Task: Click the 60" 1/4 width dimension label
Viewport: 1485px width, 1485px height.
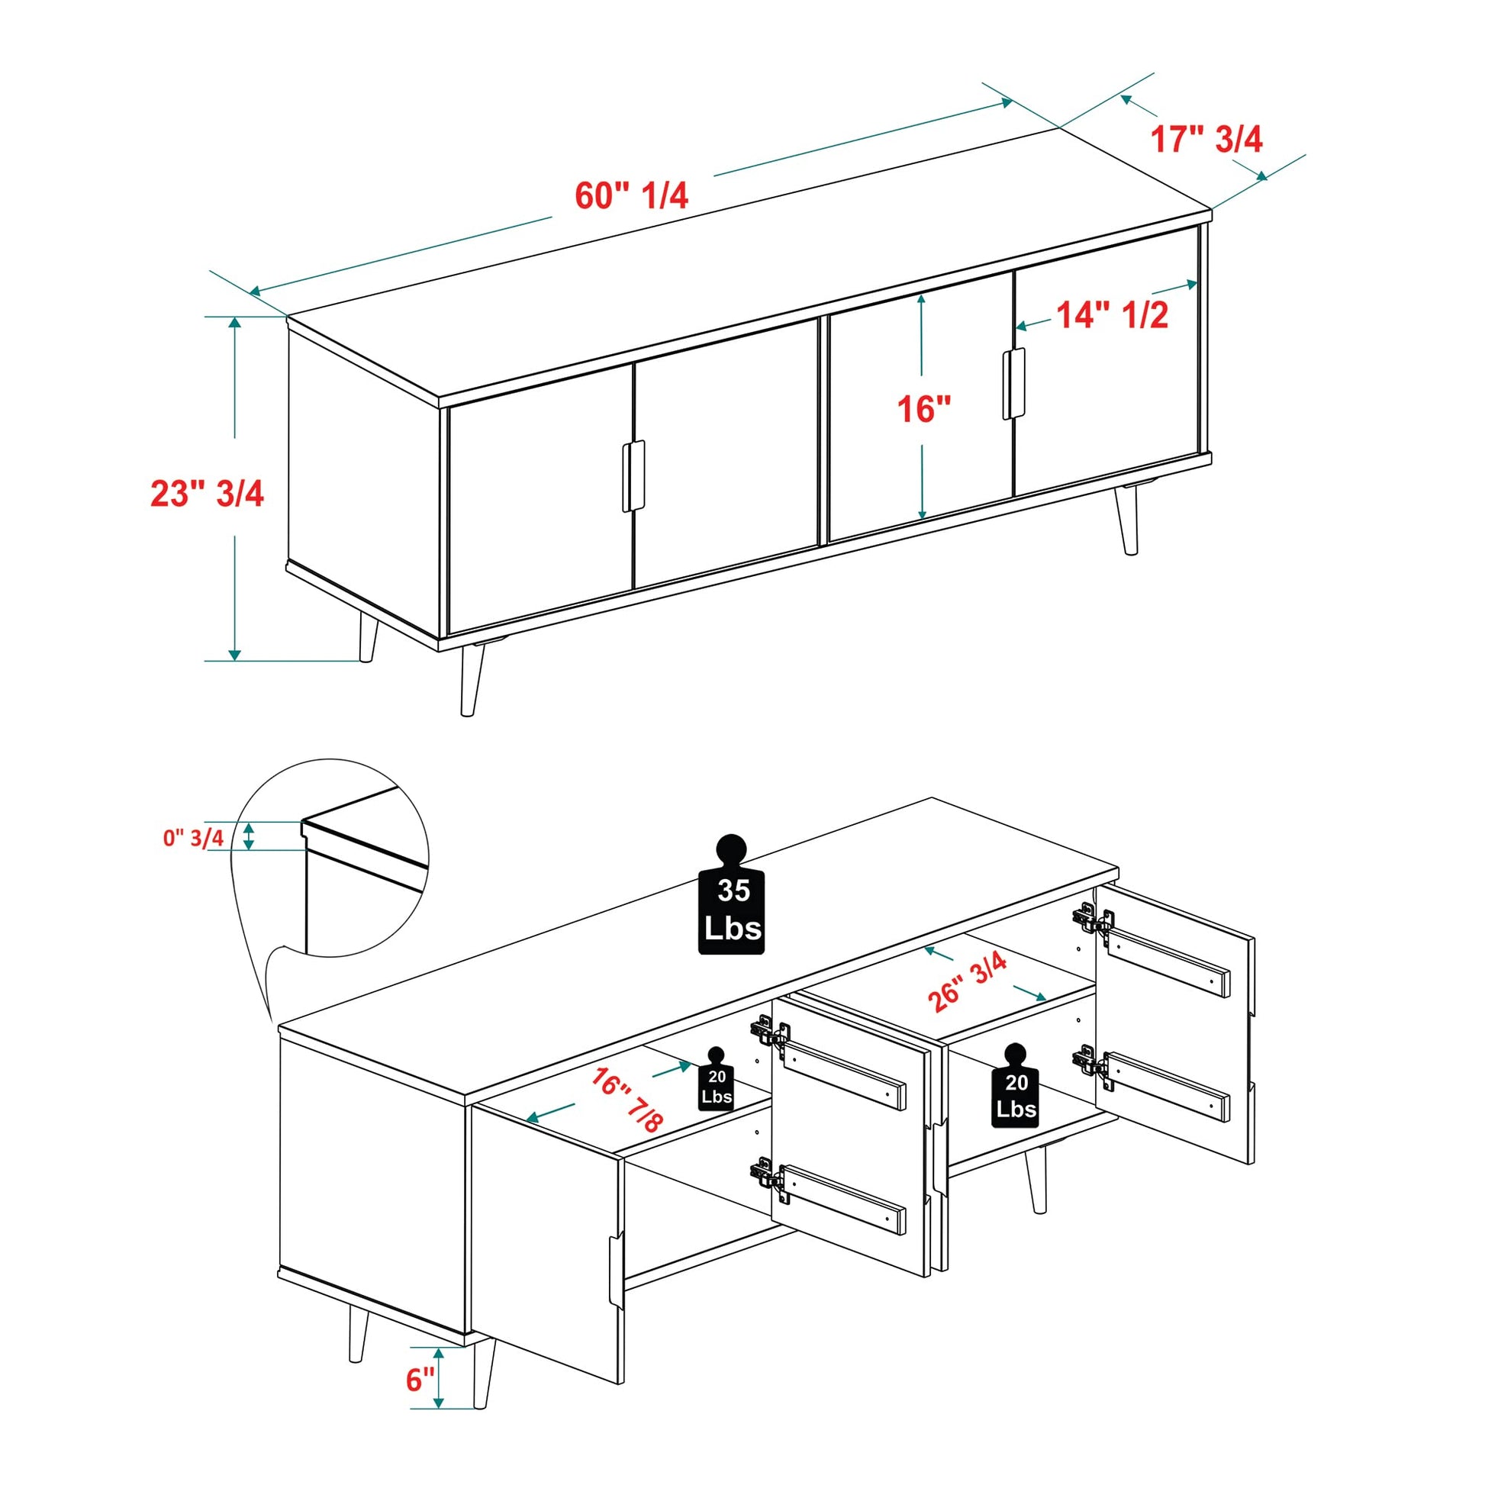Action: tap(631, 196)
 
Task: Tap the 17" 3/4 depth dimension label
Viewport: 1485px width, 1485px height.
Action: tap(1206, 140)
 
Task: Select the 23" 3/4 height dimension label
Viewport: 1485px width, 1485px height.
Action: tap(207, 493)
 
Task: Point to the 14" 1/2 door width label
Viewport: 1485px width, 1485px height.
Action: tap(1112, 315)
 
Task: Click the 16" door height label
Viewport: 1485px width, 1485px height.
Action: tap(925, 409)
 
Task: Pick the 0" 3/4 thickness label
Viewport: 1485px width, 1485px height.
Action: tap(193, 837)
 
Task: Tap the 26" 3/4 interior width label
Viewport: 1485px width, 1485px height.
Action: tap(968, 981)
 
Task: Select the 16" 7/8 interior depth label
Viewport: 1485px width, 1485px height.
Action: tap(627, 1100)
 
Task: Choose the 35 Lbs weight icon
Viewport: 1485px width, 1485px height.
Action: tap(731, 894)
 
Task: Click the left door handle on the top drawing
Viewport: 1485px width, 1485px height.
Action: tap(633, 475)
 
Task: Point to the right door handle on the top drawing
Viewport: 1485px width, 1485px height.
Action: tap(1014, 384)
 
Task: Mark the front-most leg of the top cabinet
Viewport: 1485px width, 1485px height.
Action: tap(471, 679)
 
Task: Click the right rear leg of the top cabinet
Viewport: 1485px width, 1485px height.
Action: tap(1127, 519)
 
